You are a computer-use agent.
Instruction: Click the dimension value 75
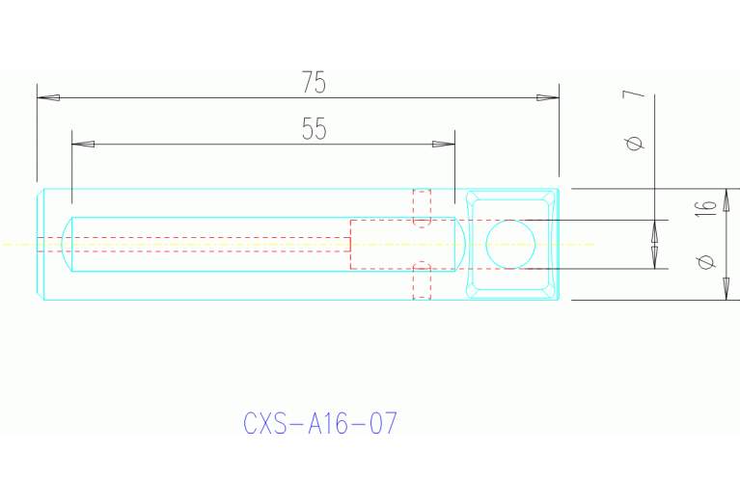click(314, 83)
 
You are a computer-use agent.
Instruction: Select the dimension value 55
click(314, 130)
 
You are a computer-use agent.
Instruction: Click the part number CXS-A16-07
click(319, 424)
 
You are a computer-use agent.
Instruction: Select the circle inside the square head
click(509, 244)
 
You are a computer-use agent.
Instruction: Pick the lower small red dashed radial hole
click(422, 280)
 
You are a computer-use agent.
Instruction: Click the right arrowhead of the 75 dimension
click(547, 97)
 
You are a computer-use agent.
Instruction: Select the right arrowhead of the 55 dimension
click(443, 145)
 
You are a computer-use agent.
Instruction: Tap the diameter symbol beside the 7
click(633, 144)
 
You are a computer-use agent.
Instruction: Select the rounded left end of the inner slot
click(69, 244)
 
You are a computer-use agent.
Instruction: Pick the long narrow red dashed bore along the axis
click(193, 244)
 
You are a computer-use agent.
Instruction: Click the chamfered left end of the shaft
click(41, 244)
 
